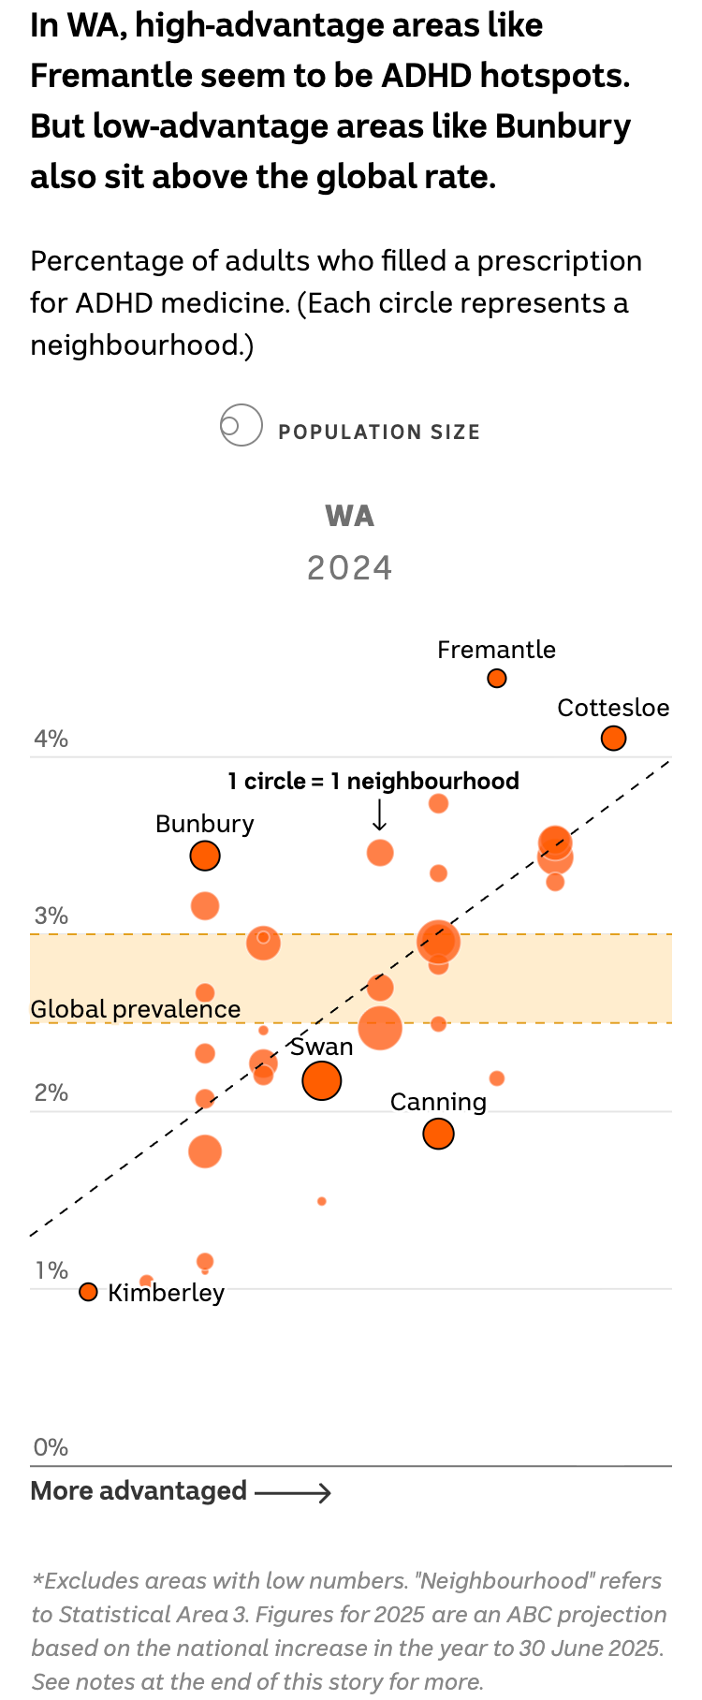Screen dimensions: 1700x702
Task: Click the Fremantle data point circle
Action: coord(497,678)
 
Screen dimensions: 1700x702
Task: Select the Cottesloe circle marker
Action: coord(613,739)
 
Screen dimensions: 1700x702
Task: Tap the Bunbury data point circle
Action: coord(205,856)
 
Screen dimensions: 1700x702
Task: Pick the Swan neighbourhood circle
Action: coord(322,1081)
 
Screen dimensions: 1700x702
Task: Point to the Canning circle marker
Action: coord(438,1134)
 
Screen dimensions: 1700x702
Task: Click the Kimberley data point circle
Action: coord(88,1292)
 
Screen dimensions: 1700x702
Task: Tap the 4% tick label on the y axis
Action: coord(51,740)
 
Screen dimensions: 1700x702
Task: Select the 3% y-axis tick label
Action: coord(51,916)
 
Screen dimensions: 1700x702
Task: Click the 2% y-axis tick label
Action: coord(51,1093)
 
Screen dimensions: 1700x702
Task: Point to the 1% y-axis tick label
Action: coord(51,1270)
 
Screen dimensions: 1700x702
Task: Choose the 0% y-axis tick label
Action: coord(51,1447)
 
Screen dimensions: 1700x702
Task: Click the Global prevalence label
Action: coord(136,1009)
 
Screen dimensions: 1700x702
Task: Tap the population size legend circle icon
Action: coord(241,426)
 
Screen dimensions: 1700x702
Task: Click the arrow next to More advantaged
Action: coord(293,1492)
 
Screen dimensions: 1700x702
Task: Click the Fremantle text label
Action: coord(496,650)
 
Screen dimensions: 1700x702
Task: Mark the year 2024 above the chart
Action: coord(350,568)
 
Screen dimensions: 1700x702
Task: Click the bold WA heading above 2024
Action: coord(350,516)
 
